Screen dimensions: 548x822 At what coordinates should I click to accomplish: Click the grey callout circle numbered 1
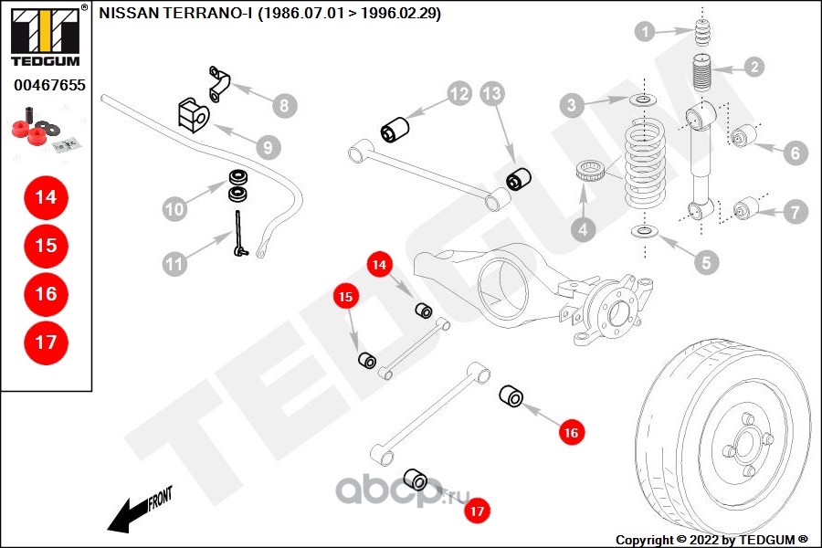pos(646,33)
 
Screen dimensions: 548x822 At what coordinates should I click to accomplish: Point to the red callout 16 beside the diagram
pos(571,432)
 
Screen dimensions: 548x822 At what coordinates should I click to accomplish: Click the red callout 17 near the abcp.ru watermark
pos(476,511)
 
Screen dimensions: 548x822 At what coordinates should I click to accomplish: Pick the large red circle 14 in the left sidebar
pos(46,196)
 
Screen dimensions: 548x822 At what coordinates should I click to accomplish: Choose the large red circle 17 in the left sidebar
pos(46,342)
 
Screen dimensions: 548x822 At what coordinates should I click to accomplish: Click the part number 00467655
pos(49,86)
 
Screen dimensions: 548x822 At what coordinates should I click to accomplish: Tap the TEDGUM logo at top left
pos(44,37)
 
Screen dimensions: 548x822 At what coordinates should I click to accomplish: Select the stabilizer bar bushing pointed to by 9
pos(193,114)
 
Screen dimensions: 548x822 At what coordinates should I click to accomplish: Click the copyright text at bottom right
pos(712,539)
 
